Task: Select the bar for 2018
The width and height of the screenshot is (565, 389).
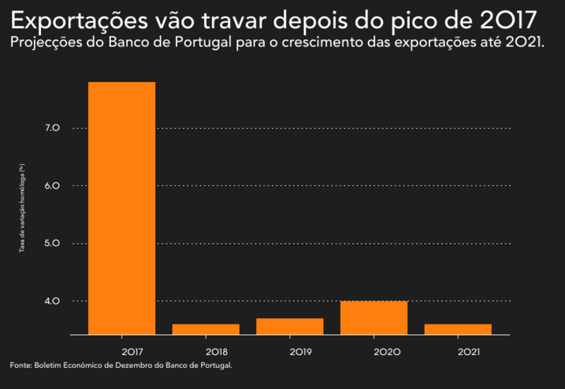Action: click(x=206, y=329)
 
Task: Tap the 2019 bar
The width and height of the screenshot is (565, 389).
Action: click(x=290, y=326)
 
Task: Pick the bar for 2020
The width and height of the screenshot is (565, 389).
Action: click(x=374, y=317)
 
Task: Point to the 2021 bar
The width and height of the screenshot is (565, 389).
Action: click(x=458, y=329)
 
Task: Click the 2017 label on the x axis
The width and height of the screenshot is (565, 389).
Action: click(x=132, y=351)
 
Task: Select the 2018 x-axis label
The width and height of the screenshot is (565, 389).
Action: click(x=216, y=351)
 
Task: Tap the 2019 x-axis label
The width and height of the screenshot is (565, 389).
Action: click(x=300, y=351)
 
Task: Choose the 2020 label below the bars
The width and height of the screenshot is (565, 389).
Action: click(x=385, y=351)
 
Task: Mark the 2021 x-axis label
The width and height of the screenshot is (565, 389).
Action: click(x=468, y=351)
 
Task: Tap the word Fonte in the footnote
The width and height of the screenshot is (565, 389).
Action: click(x=20, y=365)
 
